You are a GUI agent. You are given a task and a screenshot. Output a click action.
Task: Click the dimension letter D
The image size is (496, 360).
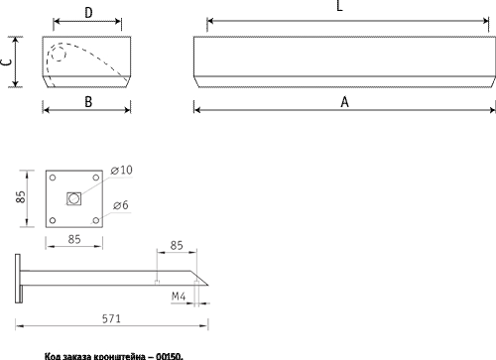[88, 13]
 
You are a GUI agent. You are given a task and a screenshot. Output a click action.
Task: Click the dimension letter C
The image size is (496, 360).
[6, 61]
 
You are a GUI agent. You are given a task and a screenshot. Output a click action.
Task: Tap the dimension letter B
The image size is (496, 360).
[88, 102]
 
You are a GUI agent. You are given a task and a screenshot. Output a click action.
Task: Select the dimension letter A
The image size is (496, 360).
[344, 102]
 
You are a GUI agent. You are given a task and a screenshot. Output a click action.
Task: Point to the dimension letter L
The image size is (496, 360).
[339, 6]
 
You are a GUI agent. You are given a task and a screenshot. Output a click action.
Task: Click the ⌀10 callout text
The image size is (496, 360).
[121, 170]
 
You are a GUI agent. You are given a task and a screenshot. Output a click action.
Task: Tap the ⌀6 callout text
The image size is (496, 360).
[120, 205]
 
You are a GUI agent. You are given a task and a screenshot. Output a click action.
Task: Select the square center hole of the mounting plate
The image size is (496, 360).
[73, 198]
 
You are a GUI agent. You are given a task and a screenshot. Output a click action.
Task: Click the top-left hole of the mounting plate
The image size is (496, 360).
[53, 178]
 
